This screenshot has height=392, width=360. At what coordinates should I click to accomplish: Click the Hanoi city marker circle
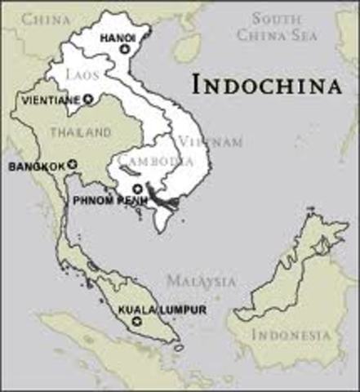pyautogui.click(x=124, y=50)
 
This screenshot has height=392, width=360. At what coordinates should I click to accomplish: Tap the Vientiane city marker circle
pyautogui.click(x=87, y=100)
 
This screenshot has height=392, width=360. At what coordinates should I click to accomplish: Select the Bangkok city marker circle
pyautogui.click(x=72, y=164)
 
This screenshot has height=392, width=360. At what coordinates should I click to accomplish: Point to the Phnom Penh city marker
pyautogui.click(x=137, y=189)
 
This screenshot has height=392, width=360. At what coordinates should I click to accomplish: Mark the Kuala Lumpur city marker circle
pyautogui.click(x=136, y=322)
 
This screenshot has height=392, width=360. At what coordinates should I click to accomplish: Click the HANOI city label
pyautogui.click(x=117, y=38)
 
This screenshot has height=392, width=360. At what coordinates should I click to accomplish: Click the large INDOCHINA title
pyautogui.click(x=266, y=83)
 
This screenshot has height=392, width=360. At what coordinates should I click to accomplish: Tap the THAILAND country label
pyautogui.click(x=80, y=131)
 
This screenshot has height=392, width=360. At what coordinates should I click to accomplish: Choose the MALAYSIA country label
pyautogui.click(x=201, y=281)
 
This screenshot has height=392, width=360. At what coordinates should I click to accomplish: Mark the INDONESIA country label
pyautogui.click(x=291, y=335)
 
